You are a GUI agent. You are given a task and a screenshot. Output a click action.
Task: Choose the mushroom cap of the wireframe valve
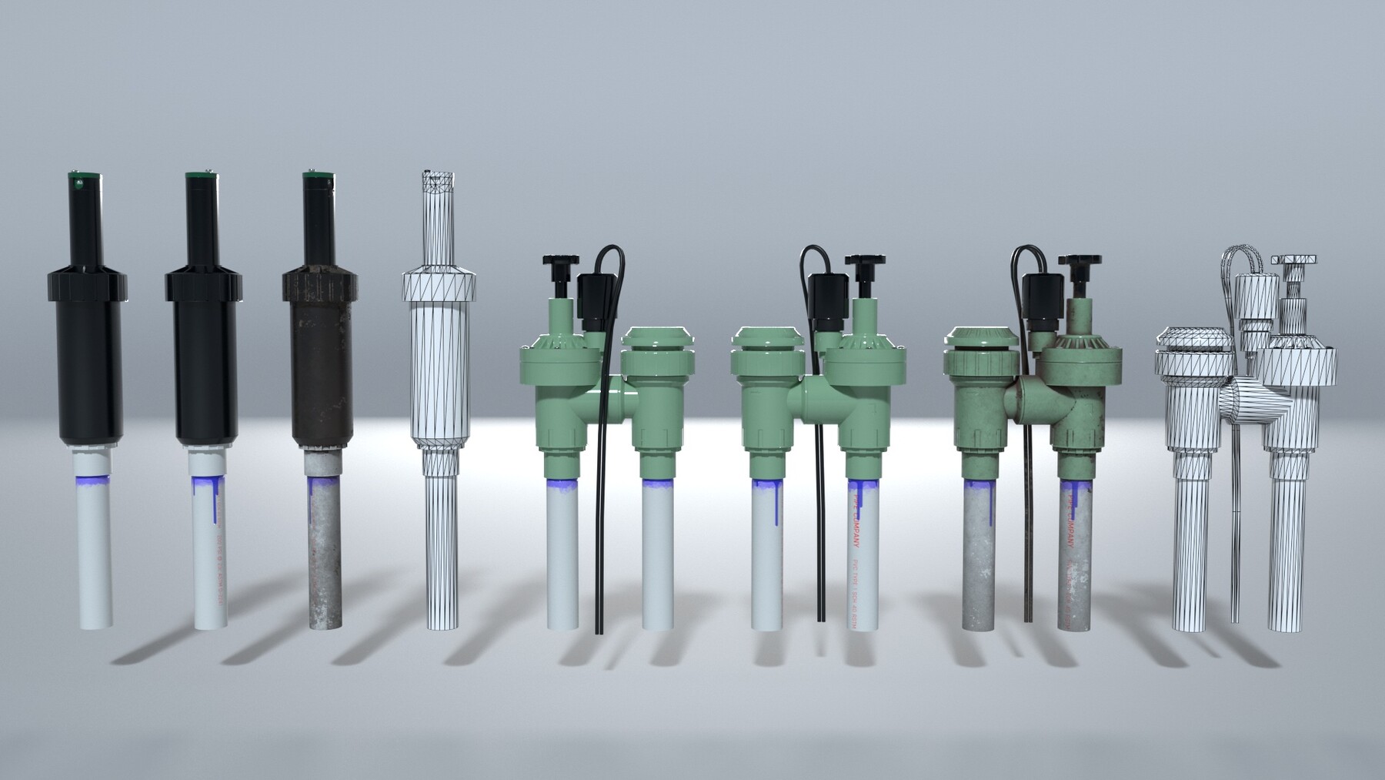[1192, 340]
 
